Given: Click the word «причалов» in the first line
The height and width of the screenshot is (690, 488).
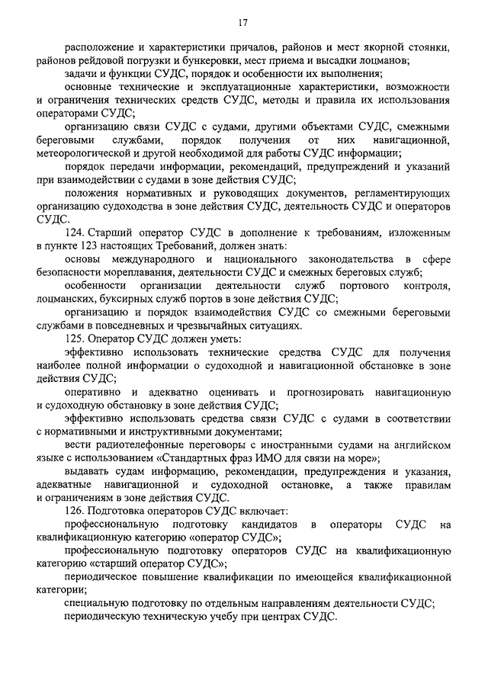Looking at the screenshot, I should (250, 48).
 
